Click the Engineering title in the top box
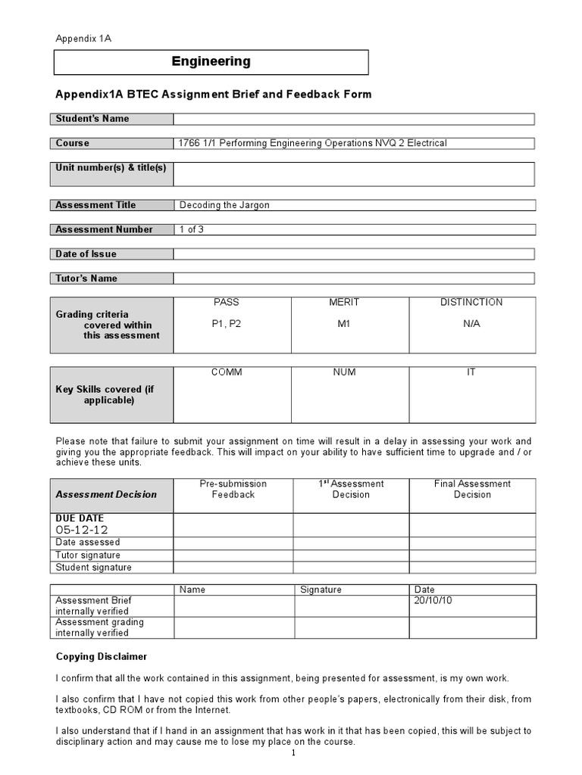pos(211,62)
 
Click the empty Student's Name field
pos(354,119)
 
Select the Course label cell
pos(112,143)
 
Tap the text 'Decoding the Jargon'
pos(224,205)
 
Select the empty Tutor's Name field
pos(354,279)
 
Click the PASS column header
pos(226,303)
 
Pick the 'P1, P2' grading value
pos(226,324)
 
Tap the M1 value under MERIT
pos(344,324)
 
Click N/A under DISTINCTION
pos(471,324)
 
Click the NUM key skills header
pos(344,373)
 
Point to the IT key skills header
pos(471,373)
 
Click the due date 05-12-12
pos(82,530)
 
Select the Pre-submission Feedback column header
pos(233,489)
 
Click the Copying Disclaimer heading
pos(102,656)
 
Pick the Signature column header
pos(321,590)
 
